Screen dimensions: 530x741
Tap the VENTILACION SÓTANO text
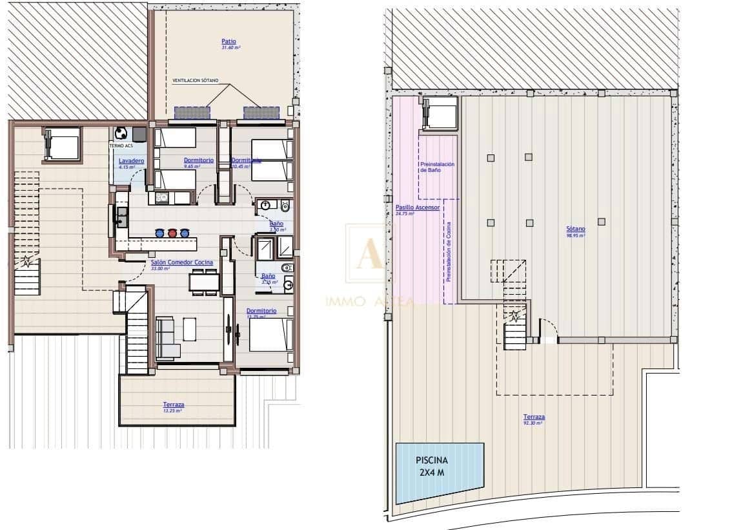click(x=196, y=81)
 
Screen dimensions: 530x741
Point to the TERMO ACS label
click(x=121, y=146)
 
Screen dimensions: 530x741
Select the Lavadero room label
click(x=130, y=160)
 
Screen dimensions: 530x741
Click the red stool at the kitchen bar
click(x=172, y=233)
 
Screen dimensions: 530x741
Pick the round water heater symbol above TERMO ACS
click(x=121, y=133)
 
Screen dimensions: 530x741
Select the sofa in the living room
click(x=167, y=337)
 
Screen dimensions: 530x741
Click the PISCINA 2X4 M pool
click(x=439, y=473)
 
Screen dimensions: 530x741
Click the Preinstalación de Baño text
click(x=437, y=167)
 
